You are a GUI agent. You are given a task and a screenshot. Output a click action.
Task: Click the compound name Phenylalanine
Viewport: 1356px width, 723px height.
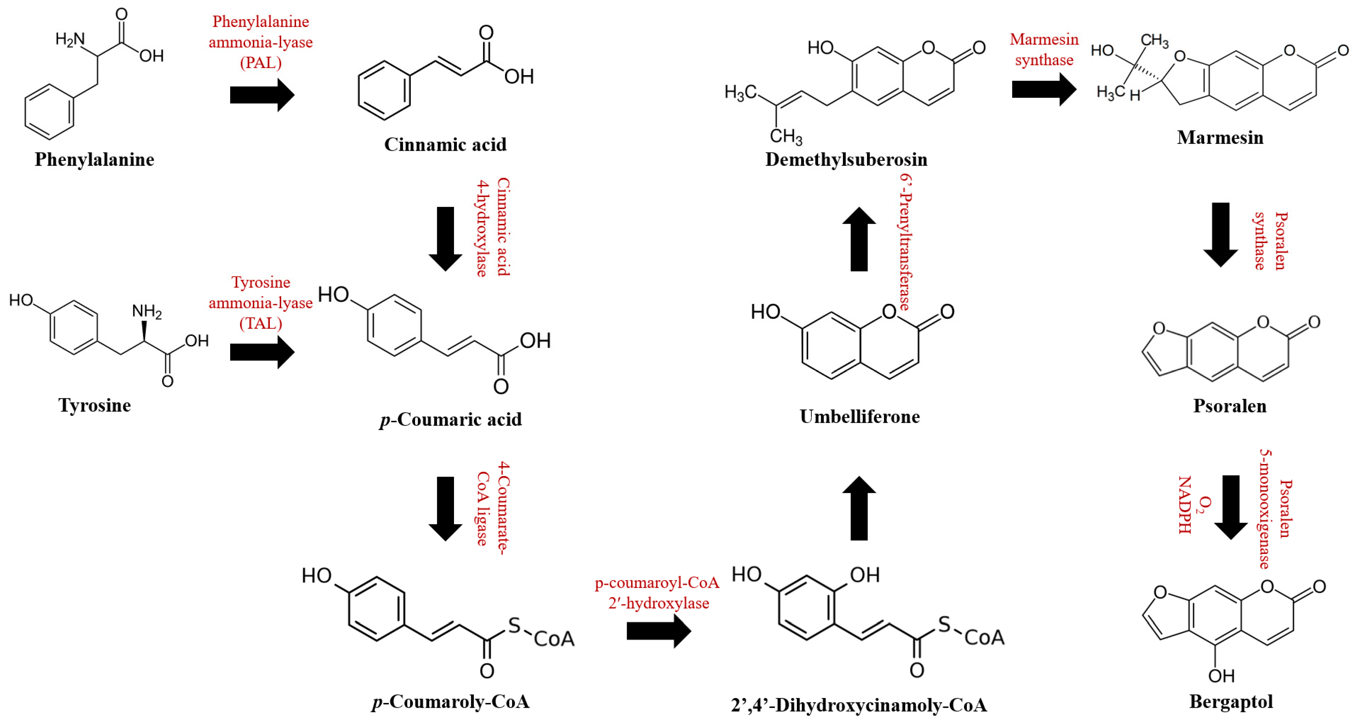94,159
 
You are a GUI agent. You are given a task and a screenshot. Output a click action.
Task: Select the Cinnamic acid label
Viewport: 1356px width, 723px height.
445,144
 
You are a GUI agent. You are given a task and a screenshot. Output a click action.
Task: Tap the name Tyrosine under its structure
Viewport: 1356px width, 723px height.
94,405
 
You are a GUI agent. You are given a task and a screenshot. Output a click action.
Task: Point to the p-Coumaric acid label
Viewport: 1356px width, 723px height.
451,419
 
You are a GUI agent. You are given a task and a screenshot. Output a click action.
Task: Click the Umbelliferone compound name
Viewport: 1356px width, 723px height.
860,416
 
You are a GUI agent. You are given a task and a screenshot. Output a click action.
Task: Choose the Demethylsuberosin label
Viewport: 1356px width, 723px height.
846,159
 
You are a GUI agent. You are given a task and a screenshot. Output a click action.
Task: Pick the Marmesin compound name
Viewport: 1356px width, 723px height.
1220,137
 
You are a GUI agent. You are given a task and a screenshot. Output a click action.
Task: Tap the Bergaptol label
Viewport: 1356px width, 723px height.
1231,701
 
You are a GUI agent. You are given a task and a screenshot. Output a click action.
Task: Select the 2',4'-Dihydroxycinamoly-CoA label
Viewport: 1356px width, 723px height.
858,705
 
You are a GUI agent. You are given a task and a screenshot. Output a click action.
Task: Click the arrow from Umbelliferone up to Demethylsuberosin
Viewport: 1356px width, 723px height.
859,239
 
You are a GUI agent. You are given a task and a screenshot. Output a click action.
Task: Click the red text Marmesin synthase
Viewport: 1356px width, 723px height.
1044,50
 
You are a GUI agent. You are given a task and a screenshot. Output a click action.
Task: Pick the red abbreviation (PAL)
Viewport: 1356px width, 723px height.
261,63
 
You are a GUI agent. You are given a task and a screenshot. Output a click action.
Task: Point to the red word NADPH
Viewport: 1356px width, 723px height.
1184,505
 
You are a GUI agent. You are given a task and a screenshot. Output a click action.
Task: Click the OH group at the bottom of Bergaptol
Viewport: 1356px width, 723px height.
1221,676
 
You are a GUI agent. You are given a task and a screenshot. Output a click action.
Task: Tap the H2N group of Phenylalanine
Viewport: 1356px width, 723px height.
70,39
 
